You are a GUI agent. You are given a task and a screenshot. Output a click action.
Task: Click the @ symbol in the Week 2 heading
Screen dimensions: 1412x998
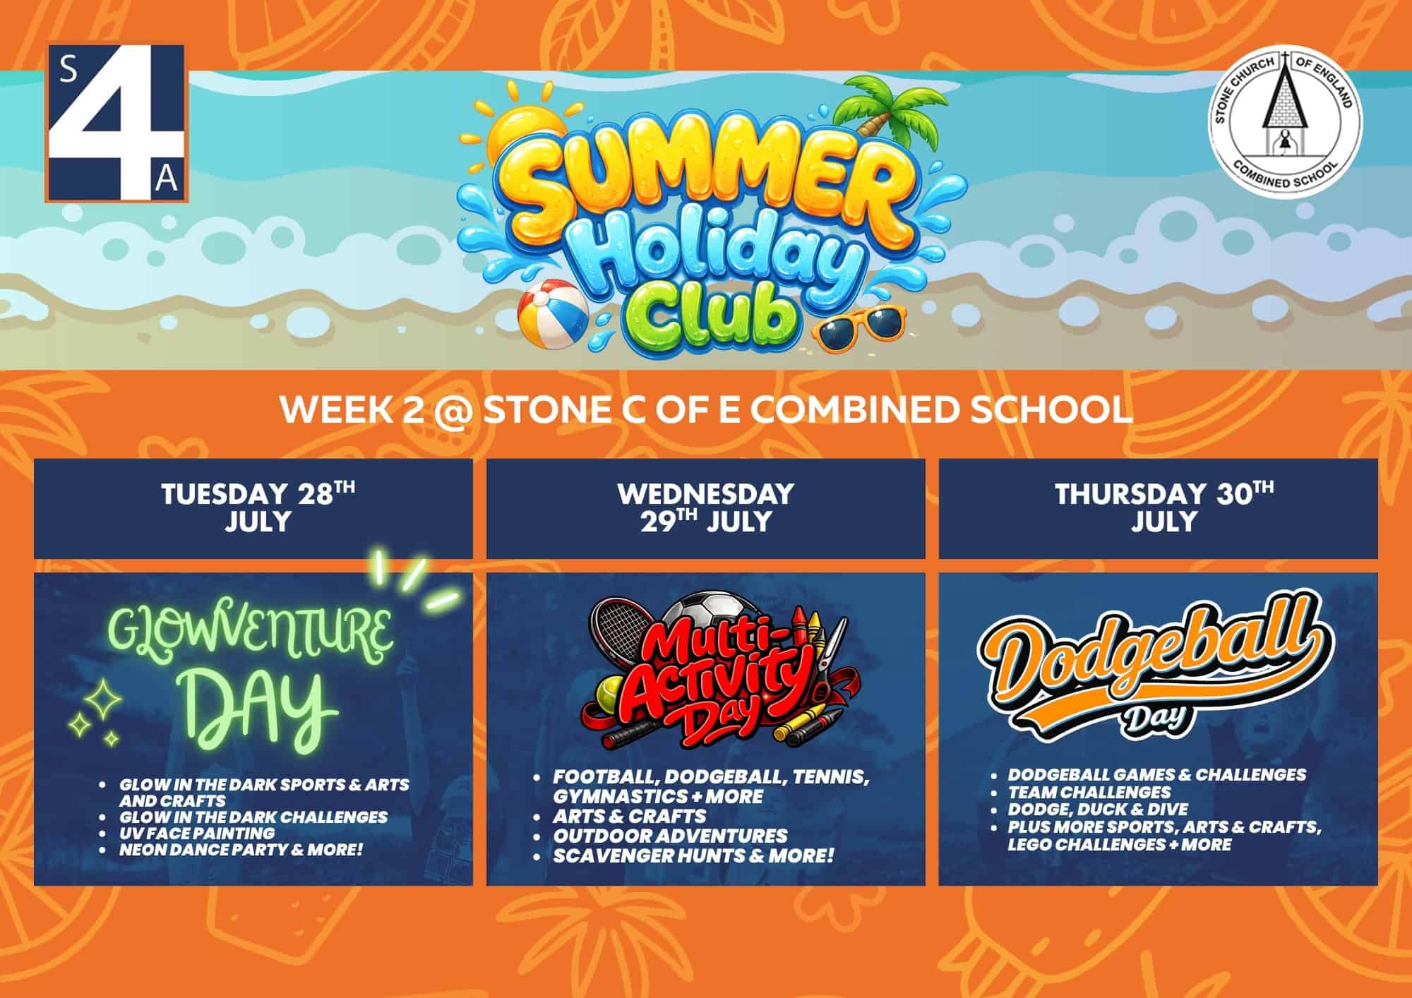(x=452, y=412)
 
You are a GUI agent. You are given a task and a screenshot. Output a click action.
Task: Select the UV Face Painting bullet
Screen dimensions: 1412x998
(x=197, y=833)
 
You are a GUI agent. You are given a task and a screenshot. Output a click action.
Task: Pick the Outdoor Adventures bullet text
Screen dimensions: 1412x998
(x=670, y=836)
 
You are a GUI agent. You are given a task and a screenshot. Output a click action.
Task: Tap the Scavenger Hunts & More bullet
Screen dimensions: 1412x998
(x=693, y=856)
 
